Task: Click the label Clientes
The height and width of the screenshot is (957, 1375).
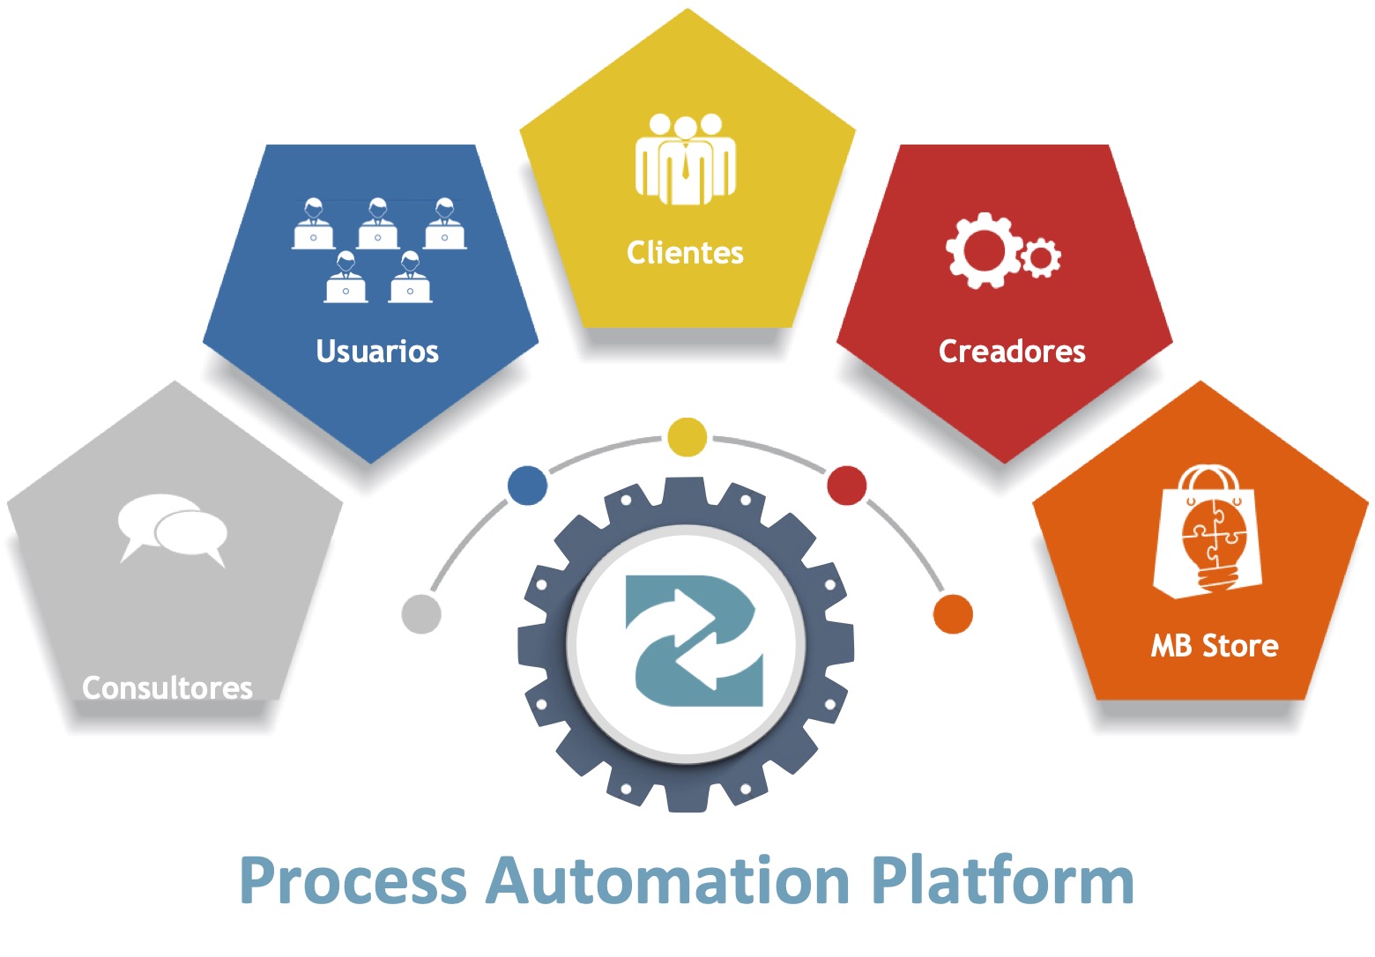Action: pyautogui.click(x=685, y=253)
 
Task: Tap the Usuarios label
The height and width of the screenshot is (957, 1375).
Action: pyautogui.click(x=377, y=351)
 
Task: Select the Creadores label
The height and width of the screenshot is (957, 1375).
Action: pyautogui.click(x=1012, y=351)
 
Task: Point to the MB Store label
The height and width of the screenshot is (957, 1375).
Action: pyautogui.click(x=1214, y=646)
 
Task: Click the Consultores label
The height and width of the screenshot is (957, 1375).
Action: pyautogui.click(x=167, y=687)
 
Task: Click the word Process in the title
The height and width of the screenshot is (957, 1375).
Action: pyautogui.click(x=353, y=881)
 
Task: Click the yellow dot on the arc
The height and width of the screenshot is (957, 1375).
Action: pyautogui.click(x=687, y=437)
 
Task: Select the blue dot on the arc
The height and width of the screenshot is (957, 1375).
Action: pyautogui.click(x=528, y=486)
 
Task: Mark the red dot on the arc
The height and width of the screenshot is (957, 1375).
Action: pyautogui.click(x=847, y=486)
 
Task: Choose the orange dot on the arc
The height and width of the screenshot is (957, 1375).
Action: pyautogui.click(x=953, y=613)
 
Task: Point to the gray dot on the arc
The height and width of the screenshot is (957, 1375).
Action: pyautogui.click(x=421, y=614)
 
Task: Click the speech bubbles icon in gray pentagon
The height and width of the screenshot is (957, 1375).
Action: pyautogui.click(x=173, y=529)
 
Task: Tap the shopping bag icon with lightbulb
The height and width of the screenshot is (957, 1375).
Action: pyautogui.click(x=1208, y=532)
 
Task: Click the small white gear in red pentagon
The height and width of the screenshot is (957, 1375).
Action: pyautogui.click(x=1042, y=258)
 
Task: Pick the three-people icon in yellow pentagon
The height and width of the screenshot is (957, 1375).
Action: pyautogui.click(x=685, y=159)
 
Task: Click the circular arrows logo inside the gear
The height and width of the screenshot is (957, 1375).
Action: pyautogui.click(x=693, y=641)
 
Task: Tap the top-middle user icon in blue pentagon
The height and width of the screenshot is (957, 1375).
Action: pyautogui.click(x=378, y=225)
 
